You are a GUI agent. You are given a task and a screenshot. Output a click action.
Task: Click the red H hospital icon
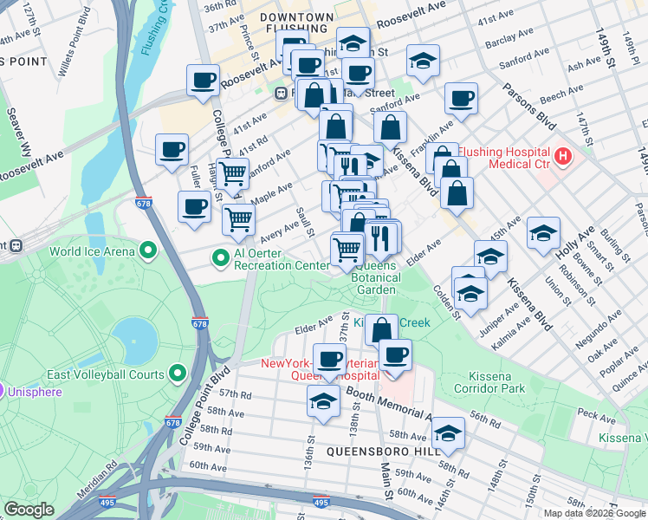click(x=563, y=157)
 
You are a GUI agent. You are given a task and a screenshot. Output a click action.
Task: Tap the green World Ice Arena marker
click(x=148, y=252)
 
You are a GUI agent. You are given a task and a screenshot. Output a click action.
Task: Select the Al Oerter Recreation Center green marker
click(x=221, y=257)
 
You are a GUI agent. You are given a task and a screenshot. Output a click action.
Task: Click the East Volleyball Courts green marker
click(x=178, y=374)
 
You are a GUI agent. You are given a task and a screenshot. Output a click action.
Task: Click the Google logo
click(x=29, y=510)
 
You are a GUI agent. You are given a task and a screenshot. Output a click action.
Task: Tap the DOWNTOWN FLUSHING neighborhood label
click(x=295, y=23)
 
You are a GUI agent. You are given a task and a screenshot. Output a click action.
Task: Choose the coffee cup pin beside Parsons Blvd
click(x=462, y=97)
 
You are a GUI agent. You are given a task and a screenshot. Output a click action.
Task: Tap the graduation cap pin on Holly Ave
click(x=543, y=232)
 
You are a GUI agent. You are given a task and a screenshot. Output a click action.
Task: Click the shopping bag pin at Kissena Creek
click(x=380, y=329)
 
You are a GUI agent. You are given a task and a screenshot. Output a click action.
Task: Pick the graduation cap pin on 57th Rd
click(x=323, y=401)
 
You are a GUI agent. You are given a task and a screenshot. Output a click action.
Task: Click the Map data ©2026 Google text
click(x=593, y=512)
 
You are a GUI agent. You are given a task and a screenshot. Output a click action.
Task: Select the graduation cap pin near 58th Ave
click(x=449, y=432)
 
